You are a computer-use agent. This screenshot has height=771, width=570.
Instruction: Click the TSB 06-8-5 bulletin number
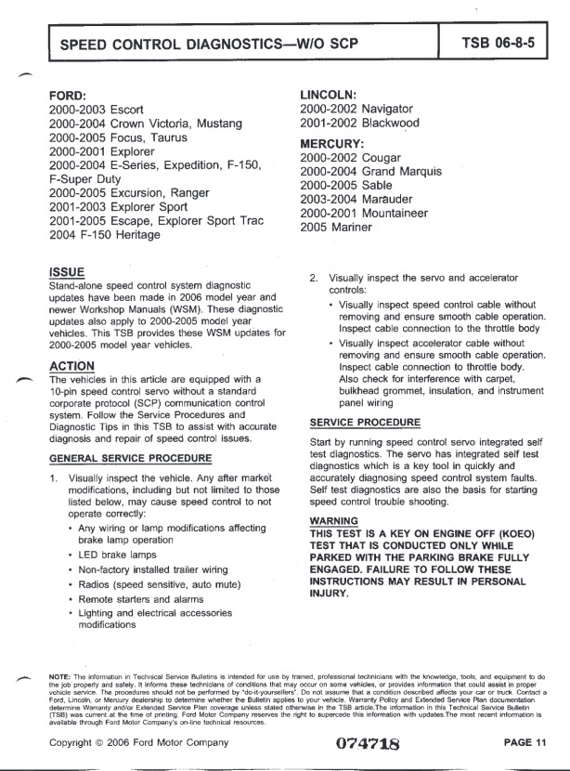tap(503, 43)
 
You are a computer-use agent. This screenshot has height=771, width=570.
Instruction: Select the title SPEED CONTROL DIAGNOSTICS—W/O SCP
tap(209, 44)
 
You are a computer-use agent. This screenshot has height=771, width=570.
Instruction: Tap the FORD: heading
tap(68, 95)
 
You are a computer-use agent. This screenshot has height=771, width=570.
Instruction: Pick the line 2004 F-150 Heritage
tap(105, 235)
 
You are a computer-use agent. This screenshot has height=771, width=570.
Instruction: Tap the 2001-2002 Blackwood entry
tap(360, 123)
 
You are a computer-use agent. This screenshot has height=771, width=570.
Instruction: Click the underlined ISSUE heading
tap(66, 272)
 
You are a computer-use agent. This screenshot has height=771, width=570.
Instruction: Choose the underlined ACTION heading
tap(71, 365)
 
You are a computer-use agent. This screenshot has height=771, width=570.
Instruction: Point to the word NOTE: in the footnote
tap(58, 675)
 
